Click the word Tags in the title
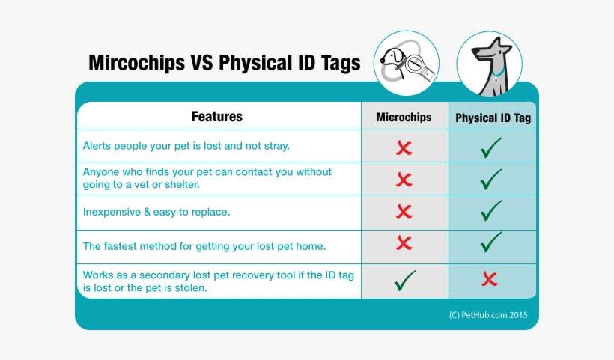click(337, 62)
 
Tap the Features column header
click(217, 117)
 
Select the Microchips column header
click(404, 118)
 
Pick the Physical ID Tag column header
click(493, 118)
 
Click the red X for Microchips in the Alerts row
click(404, 147)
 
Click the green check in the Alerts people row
click(491, 147)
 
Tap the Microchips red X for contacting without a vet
click(404, 180)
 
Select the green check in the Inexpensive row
click(491, 211)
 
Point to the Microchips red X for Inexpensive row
click(404, 211)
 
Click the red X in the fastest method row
click(404, 243)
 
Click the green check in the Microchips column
click(404, 281)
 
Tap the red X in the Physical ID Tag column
click(490, 280)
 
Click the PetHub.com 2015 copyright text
click(488, 315)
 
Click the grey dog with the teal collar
click(490, 66)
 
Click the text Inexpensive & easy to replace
click(156, 212)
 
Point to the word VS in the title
click(201, 62)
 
